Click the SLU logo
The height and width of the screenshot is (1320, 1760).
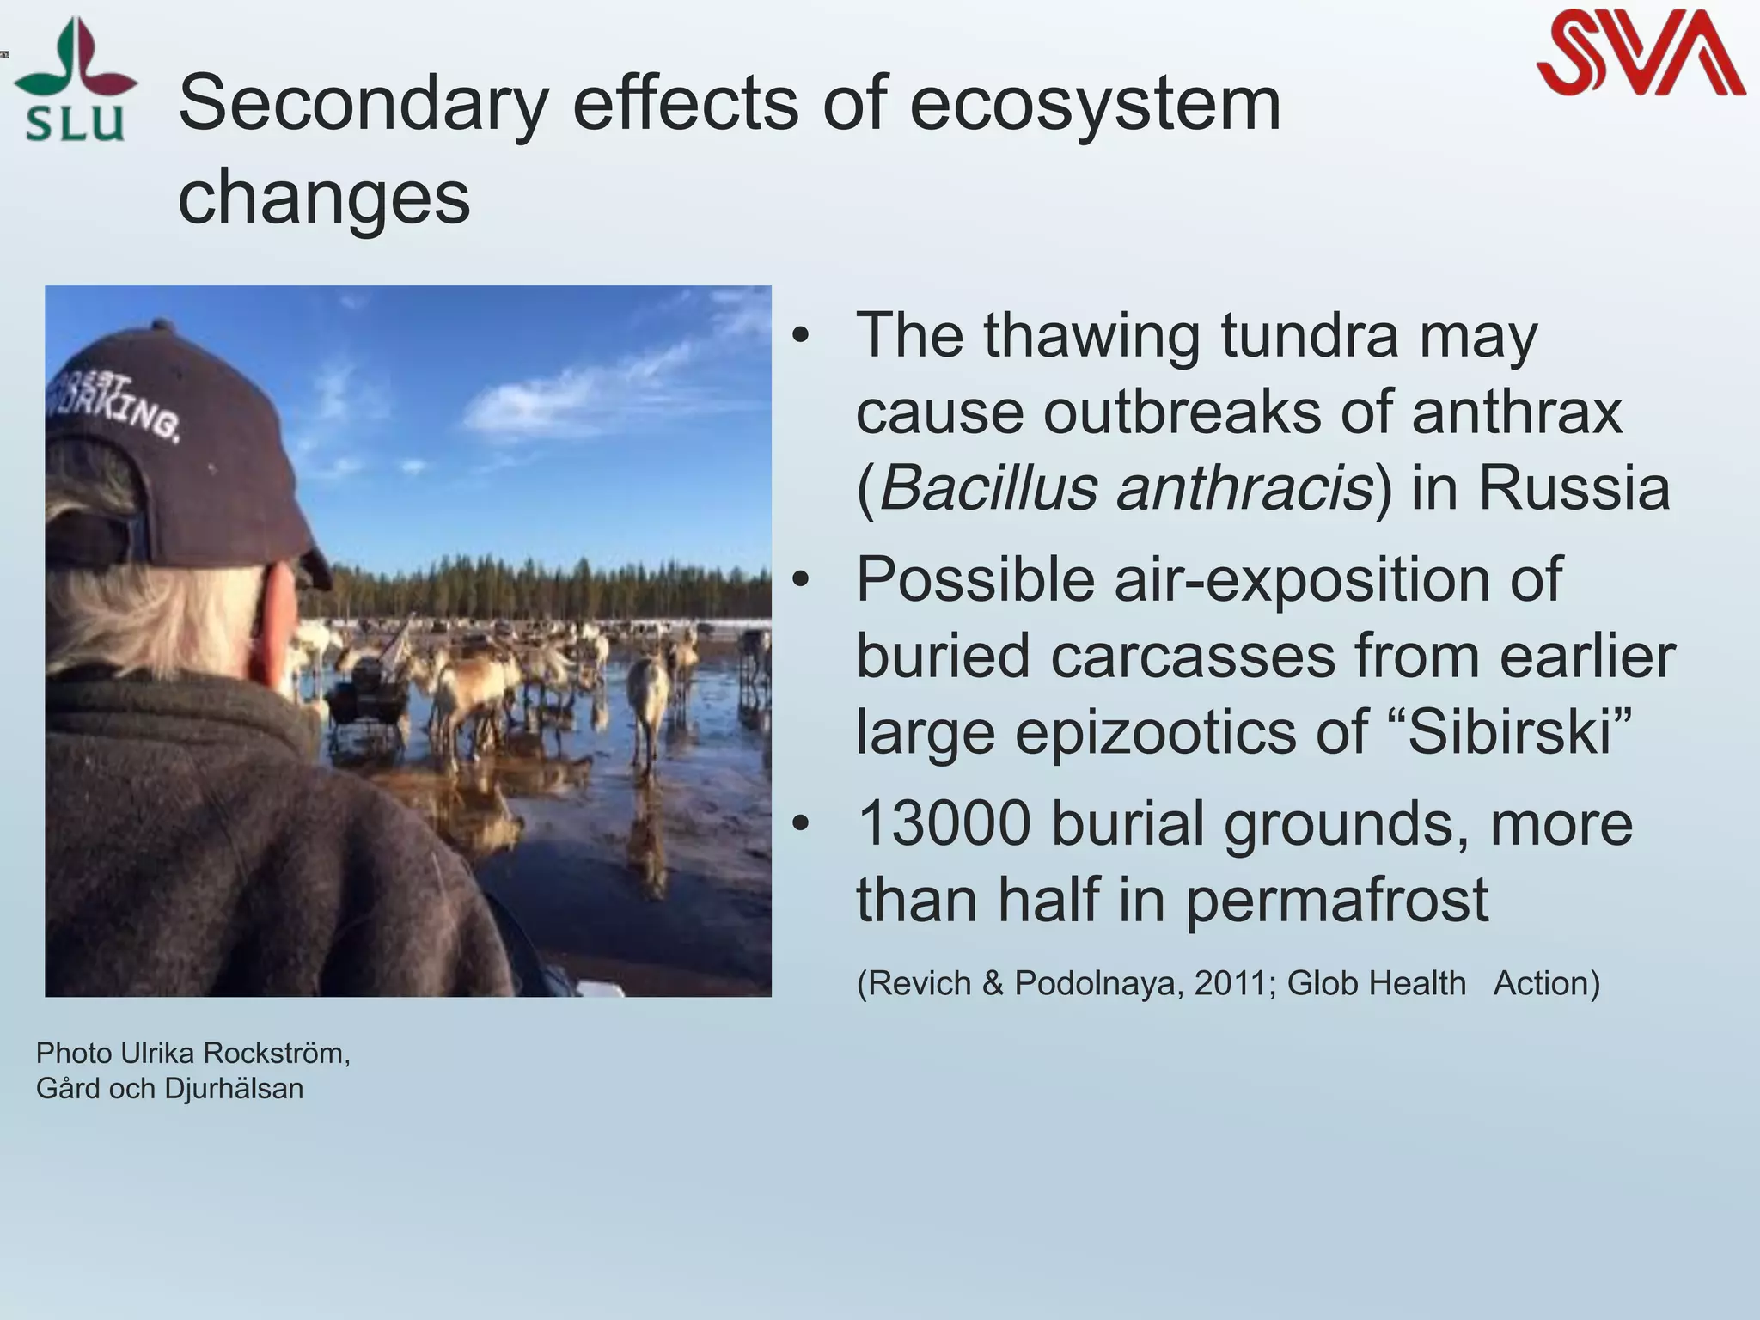click(76, 82)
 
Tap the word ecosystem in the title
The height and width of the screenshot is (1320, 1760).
click(1095, 105)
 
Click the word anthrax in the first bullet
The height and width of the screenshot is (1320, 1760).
click(1517, 412)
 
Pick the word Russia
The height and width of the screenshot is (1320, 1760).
click(1574, 488)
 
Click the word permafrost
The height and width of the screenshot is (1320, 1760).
click(1337, 901)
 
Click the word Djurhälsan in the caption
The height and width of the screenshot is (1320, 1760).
click(234, 1089)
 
